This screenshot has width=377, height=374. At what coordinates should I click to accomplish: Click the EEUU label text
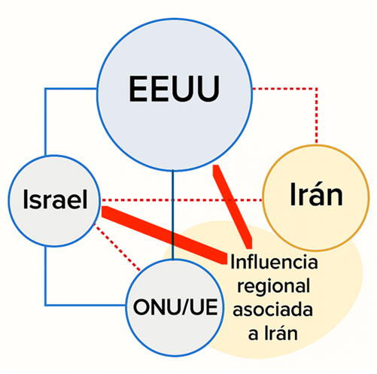174,89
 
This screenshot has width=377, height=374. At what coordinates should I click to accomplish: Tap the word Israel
55,199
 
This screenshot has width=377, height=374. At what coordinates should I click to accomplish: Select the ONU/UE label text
175,307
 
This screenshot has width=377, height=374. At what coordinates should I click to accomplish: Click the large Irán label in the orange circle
316,194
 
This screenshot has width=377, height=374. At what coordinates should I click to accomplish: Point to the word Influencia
274,262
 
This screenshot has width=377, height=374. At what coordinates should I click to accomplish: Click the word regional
273,287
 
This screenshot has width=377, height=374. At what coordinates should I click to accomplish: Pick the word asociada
272,309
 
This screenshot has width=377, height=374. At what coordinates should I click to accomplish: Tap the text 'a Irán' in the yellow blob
273,333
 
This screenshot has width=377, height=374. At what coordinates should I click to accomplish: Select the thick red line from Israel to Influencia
164,236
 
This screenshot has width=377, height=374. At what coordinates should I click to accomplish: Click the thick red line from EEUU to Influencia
233,207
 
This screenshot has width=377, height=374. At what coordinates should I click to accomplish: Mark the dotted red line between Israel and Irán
182,200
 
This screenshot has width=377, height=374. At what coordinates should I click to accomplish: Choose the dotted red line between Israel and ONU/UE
117,248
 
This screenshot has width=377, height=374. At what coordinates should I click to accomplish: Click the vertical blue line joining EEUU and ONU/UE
173,215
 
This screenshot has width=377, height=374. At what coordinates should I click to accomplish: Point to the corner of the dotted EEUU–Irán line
317,89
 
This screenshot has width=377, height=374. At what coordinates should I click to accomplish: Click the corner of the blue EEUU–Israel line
45,89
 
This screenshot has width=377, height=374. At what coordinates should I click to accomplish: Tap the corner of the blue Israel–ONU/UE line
45,305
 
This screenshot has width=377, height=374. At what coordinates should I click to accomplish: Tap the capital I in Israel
25,199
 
